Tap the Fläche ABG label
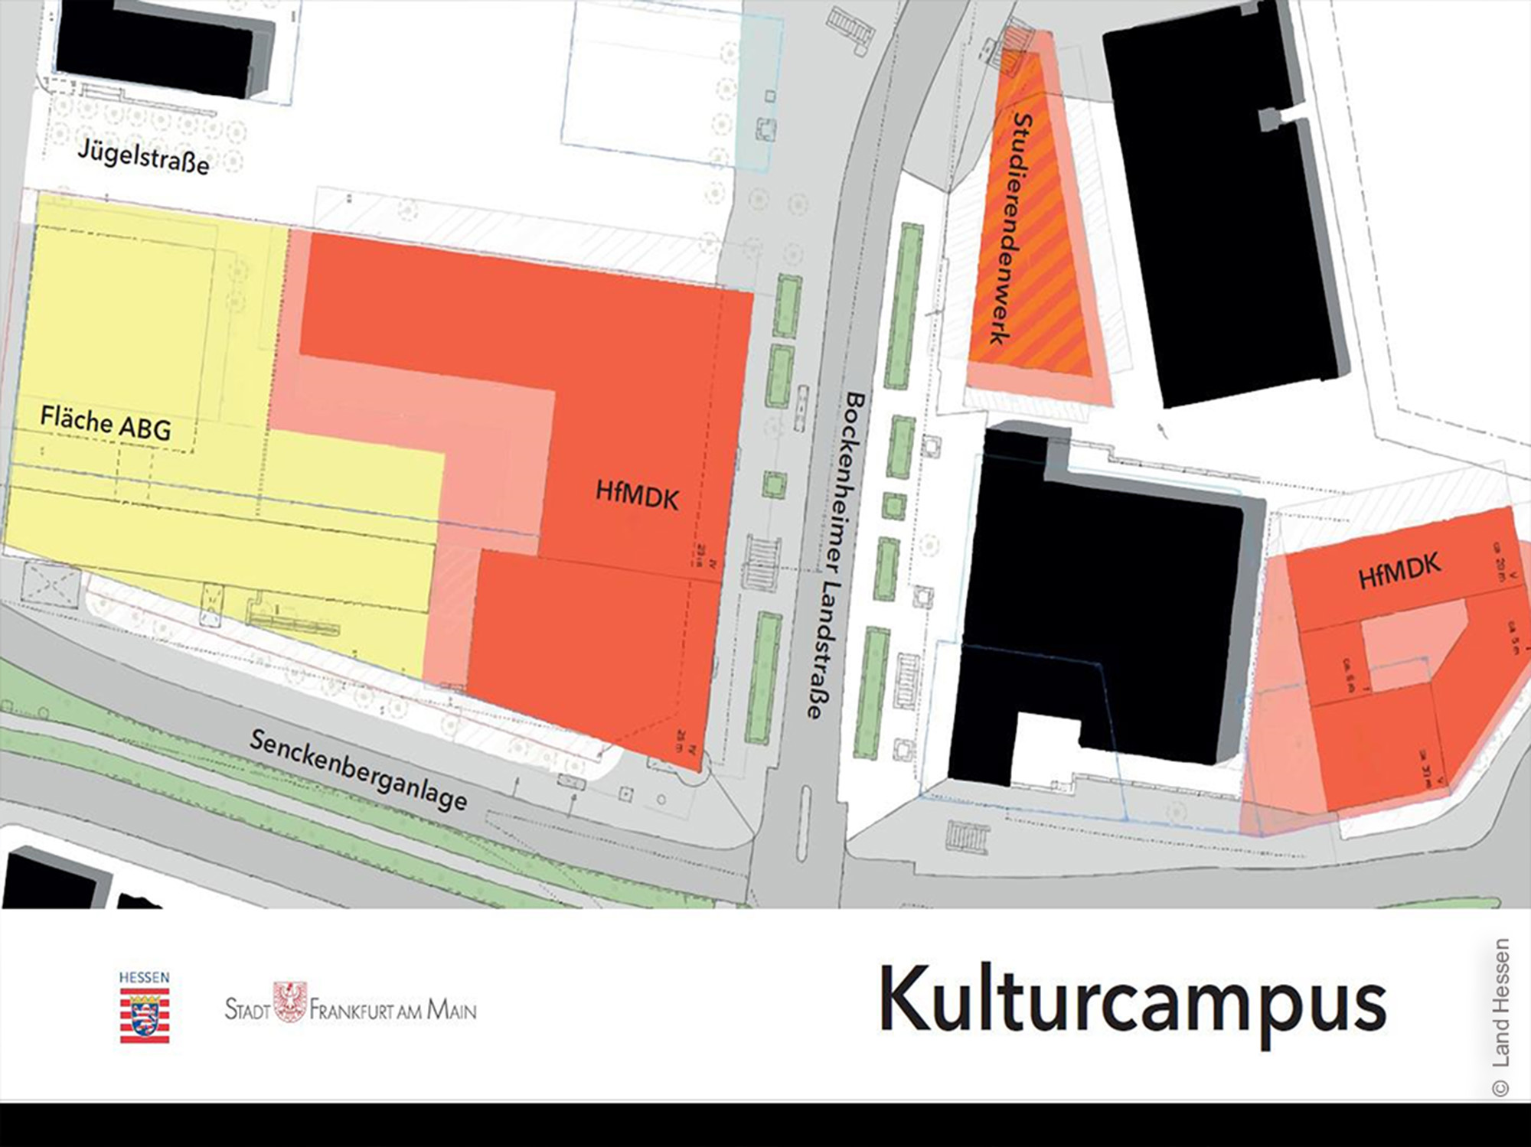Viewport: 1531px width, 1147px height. pyautogui.click(x=106, y=423)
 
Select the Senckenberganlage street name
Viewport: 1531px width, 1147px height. pyautogui.click(x=358, y=770)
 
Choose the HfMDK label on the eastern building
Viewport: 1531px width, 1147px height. pyautogui.click(x=1399, y=571)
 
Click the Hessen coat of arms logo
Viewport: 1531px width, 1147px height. pyautogui.click(x=145, y=1015)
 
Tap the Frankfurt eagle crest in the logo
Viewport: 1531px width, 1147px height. pyautogui.click(x=290, y=1002)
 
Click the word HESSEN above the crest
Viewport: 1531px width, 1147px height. pyautogui.click(x=144, y=978)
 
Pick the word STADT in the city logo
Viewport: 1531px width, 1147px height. pyautogui.click(x=247, y=1009)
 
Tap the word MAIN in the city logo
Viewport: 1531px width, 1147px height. pyautogui.click(x=452, y=1010)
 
